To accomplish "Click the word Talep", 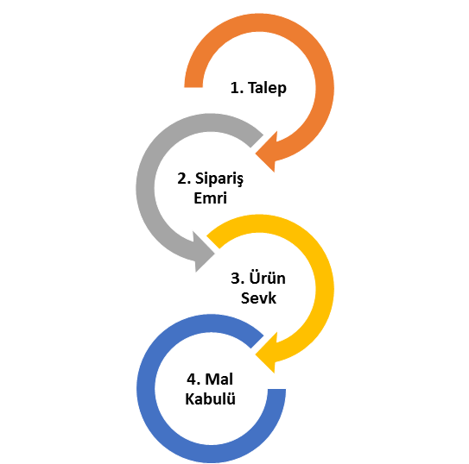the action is (267, 88).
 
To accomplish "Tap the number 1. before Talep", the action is (237, 88).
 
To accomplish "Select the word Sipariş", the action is (219, 179).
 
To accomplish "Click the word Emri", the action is (210, 198).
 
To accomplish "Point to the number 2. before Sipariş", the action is (184, 179).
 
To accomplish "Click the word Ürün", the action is (268, 278).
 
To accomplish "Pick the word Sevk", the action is (258, 298).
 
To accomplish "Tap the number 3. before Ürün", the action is (238, 279).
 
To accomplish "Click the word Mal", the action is (219, 379).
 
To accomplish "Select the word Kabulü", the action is (210, 398).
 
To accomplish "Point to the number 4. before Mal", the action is (193, 379).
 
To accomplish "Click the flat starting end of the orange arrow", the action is (193, 87).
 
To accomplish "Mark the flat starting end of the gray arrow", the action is (257, 141).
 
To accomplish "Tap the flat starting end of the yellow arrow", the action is (213, 241).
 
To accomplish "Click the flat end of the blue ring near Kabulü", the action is (276, 389).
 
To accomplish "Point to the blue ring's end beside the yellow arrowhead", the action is (257, 342).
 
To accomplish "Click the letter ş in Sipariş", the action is (240, 181).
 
